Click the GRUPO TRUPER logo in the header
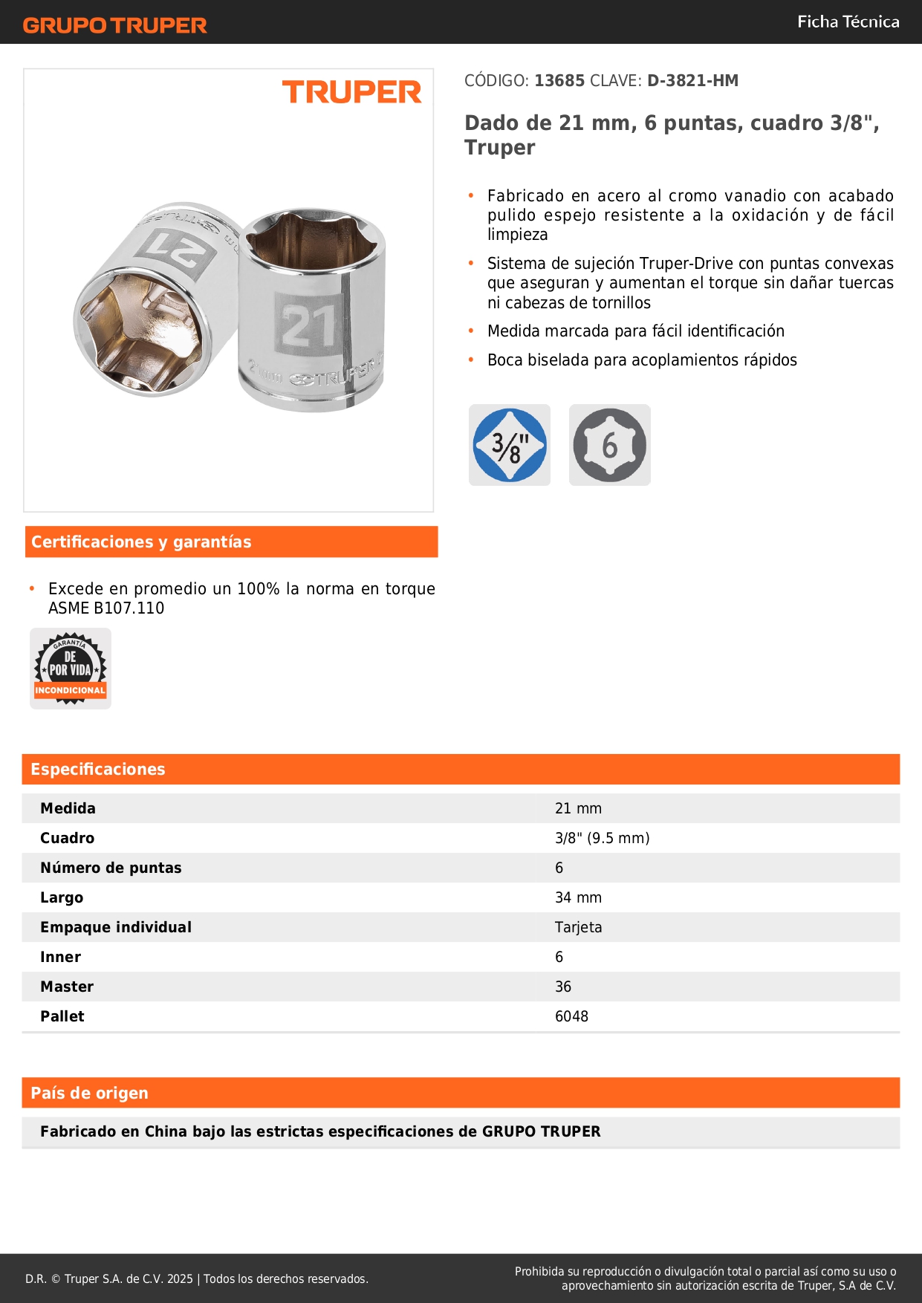pyautogui.click(x=114, y=25)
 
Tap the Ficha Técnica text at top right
pyautogui.click(x=848, y=22)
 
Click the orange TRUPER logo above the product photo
pyautogui.click(x=351, y=92)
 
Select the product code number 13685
pyautogui.click(x=559, y=81)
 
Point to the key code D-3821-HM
pyautogui.click(x=692, y=81)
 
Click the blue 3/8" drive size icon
pyautogui.click(x=510, y=445)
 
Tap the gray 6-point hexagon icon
pyautogui.click(x=609, y=445)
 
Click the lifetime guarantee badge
pyautogui.click(x=71, y=669)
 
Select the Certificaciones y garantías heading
pyautogui.click(x=141, y=542)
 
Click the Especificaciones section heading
pyautogui.click(x=98, y=770)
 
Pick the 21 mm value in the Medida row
pyautogui.click(x=578, y=808)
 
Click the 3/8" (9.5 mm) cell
pyautogui.click(x=602, y=838)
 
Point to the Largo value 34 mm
pyautogui.click(x=578, y=897)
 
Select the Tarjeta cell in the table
pyautogui.click(x=578, y=927)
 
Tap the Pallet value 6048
pyautogui.click(x=571, y=1016)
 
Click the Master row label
pyautogui.click(x=67, y=987)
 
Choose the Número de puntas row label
pyautogui.click(x=111, y=868)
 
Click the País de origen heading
pyautogui.click(x=89, y=1094)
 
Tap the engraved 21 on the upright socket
pyautogui.click(x=308, y=325)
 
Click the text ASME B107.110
pyautogui.click(x=106, y=608)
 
